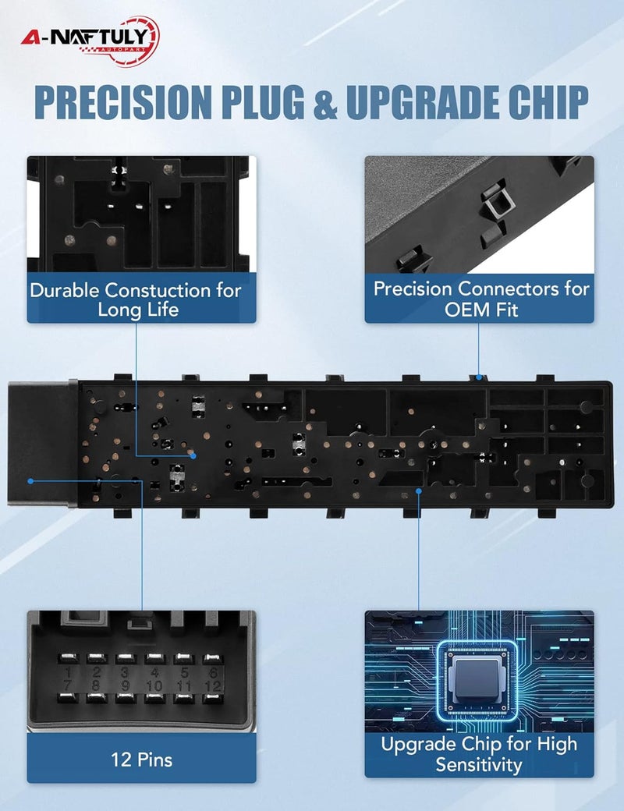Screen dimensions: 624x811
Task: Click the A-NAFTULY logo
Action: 90,41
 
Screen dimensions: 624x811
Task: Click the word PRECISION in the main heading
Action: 124,101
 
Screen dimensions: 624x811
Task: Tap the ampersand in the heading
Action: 326,101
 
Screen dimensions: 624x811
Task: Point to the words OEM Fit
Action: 481,310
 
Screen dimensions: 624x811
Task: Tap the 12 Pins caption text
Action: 141,760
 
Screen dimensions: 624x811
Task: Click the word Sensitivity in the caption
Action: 479,764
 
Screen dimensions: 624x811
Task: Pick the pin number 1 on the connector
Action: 69,672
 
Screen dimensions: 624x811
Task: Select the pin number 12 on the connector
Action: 212,686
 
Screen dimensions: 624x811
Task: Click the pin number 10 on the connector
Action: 154,686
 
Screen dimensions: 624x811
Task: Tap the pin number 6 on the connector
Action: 212,672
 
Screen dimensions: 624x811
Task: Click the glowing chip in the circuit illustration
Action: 477,678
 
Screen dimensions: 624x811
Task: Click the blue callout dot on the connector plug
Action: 30,481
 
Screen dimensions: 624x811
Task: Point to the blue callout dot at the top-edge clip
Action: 479,377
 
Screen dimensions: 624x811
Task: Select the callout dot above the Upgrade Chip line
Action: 419,490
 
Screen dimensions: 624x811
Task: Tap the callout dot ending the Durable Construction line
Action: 193,455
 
